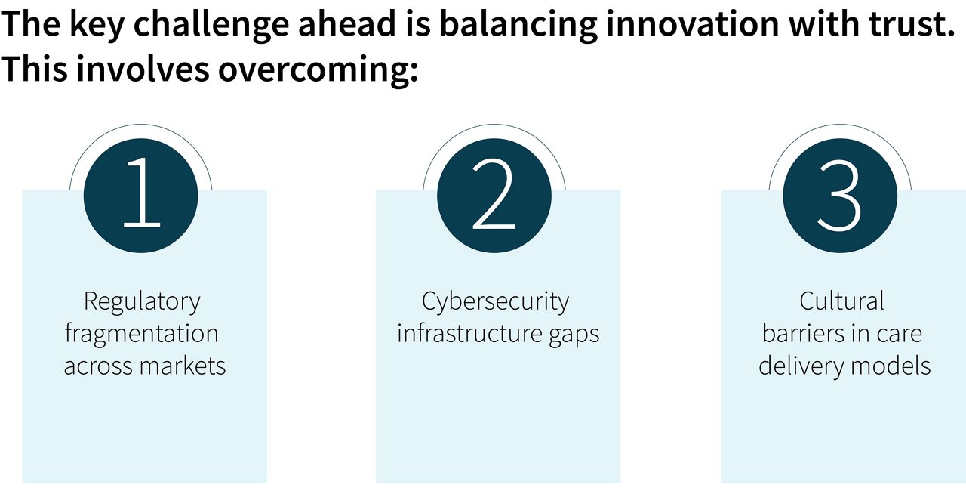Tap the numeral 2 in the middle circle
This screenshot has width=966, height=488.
[x=494, y=193]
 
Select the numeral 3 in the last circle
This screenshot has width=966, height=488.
[x=839, y=195]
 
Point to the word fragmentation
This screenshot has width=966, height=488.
[x=141, y=334]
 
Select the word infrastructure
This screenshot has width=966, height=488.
[x=469, y=334]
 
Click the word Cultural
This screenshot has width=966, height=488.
[x=841, y=301]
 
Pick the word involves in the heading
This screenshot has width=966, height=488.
[x=143, y=68]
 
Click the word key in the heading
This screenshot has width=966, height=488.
[x=97, y=26]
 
